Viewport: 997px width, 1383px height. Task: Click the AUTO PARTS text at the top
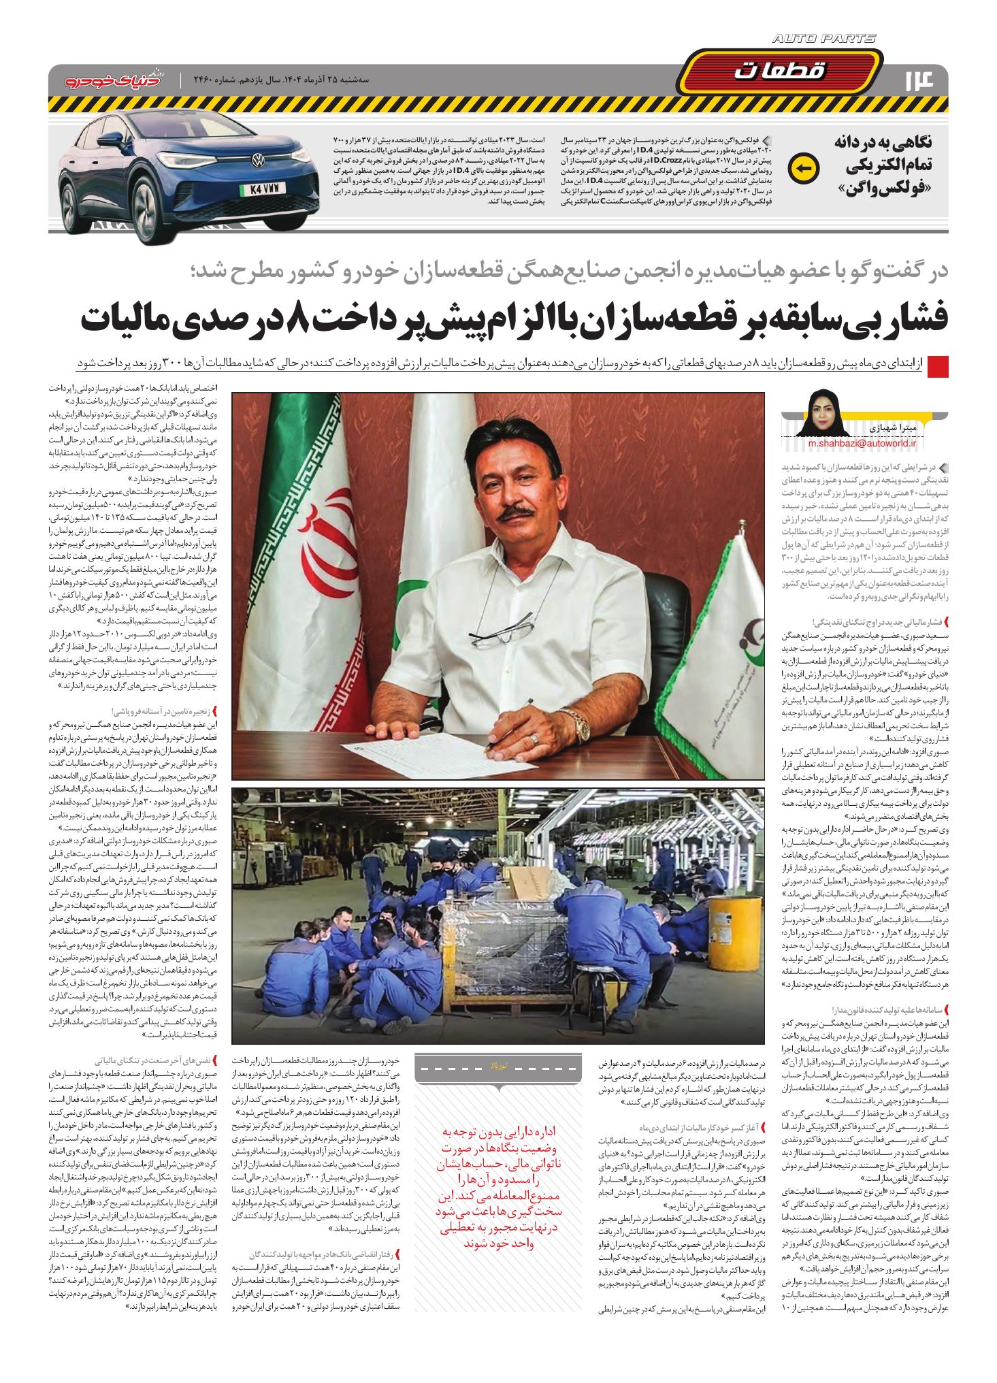pyautogui.click(x=824, y=40)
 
